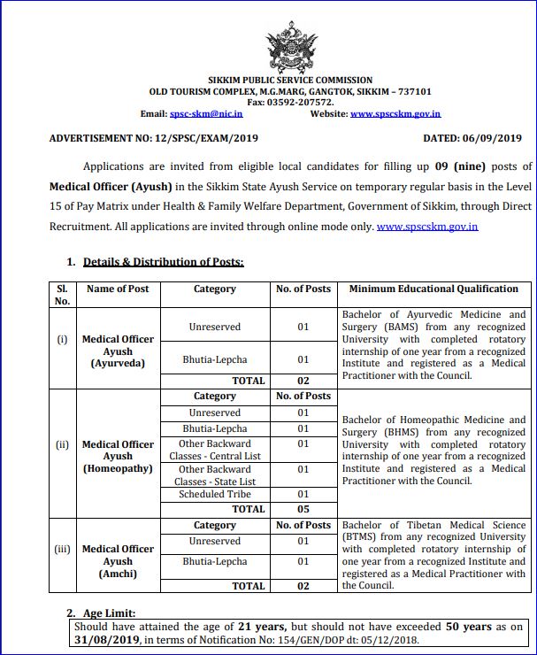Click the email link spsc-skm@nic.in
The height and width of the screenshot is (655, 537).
206,114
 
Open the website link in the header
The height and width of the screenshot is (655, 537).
395,114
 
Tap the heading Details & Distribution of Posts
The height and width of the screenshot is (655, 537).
163,262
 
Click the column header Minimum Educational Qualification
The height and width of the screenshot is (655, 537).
433,289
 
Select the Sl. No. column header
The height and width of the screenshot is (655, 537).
62,295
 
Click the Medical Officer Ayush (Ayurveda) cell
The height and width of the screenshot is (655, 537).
118,351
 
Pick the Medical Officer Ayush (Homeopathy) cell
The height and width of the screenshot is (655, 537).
118,456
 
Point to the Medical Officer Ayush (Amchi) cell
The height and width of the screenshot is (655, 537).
118,561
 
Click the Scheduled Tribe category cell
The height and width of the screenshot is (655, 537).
215,494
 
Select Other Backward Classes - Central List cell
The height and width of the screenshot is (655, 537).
215,450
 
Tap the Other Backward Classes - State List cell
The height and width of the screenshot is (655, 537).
215,475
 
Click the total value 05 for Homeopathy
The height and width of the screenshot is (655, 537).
303,509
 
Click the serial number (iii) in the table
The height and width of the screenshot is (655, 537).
62,549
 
